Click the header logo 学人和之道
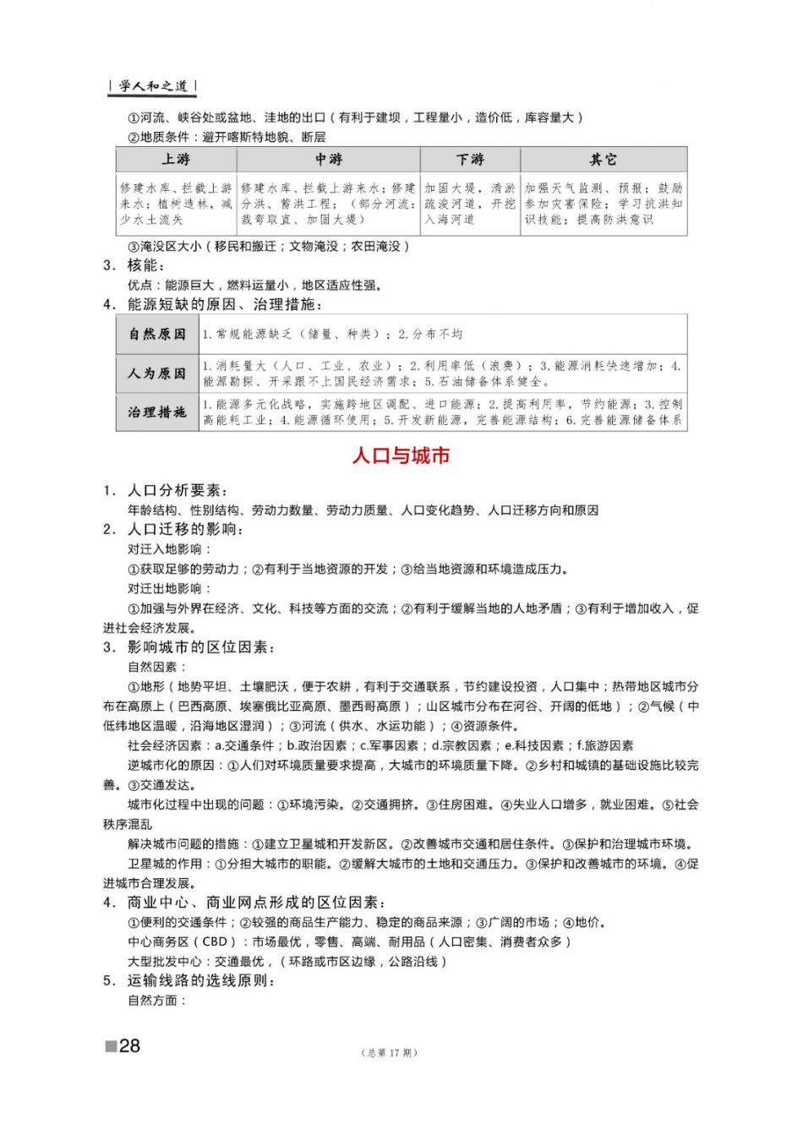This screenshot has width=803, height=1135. click(x=153, y=86)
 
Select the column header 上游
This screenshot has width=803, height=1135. click(x=176, y=160)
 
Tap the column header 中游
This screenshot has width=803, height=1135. click(x=328, y=160)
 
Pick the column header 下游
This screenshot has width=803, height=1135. click(x=470, y=160)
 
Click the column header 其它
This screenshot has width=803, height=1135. click(x=603, y=160)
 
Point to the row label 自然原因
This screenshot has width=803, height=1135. click(x=157, y=334)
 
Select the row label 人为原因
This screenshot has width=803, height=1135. click(x=157, y=373)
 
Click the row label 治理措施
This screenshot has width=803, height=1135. click(x=157, y=412)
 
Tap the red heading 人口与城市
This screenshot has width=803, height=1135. click(x=401, y=456)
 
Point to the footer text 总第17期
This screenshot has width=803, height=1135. click(x=389, y=1052)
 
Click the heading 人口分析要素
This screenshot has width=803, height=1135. click(x=176, y=490)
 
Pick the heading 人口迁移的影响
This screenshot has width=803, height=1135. click(x=184, y=529)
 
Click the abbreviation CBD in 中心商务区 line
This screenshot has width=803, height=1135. click(x=215, y=941)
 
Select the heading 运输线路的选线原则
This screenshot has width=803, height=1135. click(x=200, y=980)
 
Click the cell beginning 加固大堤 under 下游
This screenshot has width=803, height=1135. click(x=469, y=204)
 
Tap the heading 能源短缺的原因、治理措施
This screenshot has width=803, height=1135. click(x=224, y=304)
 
